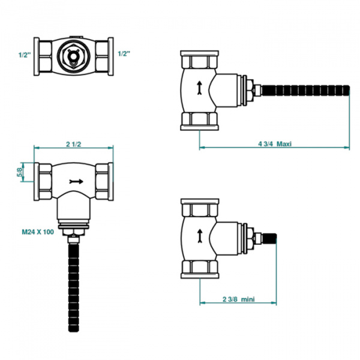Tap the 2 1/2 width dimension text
pos(74,143)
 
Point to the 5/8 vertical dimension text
pos(20,173)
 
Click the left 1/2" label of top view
pos(24,54)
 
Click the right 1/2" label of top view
pos(125,54)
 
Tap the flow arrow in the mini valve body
pos(198,235)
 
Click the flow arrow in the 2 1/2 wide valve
pos(75,179)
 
